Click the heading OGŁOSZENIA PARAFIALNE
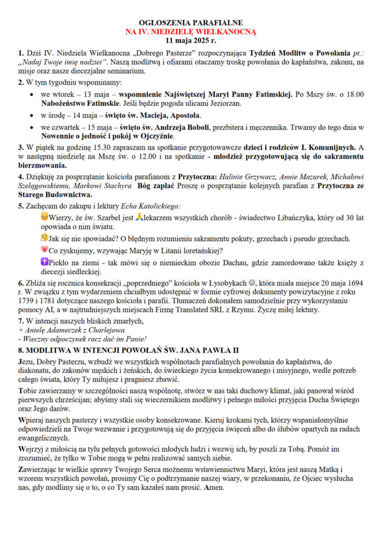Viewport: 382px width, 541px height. [190, 23]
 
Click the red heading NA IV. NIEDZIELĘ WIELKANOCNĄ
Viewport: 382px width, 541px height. [190, 31]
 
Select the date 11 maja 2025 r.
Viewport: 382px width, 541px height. [190, 40]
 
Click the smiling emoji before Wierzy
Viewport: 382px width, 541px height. [44, 216]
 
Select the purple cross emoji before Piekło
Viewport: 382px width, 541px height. [44, 262]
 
